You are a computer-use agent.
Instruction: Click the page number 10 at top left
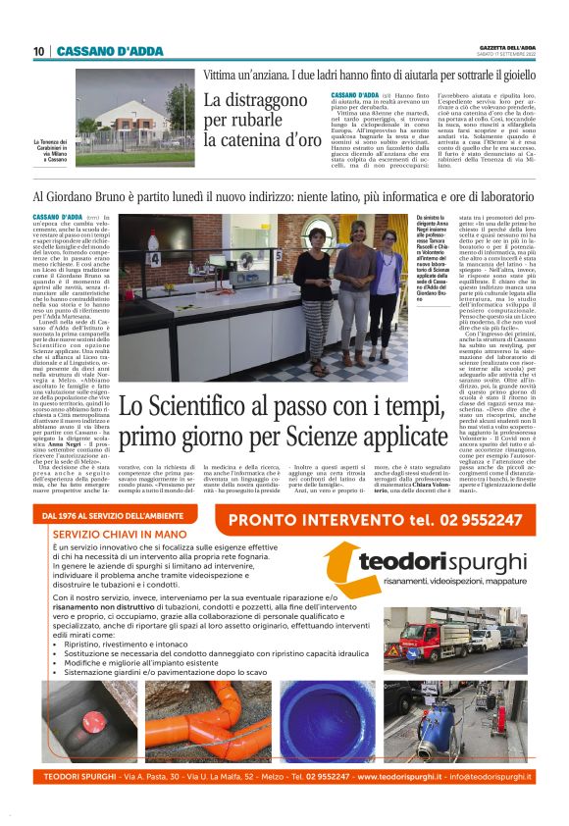tap(38, 51)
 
